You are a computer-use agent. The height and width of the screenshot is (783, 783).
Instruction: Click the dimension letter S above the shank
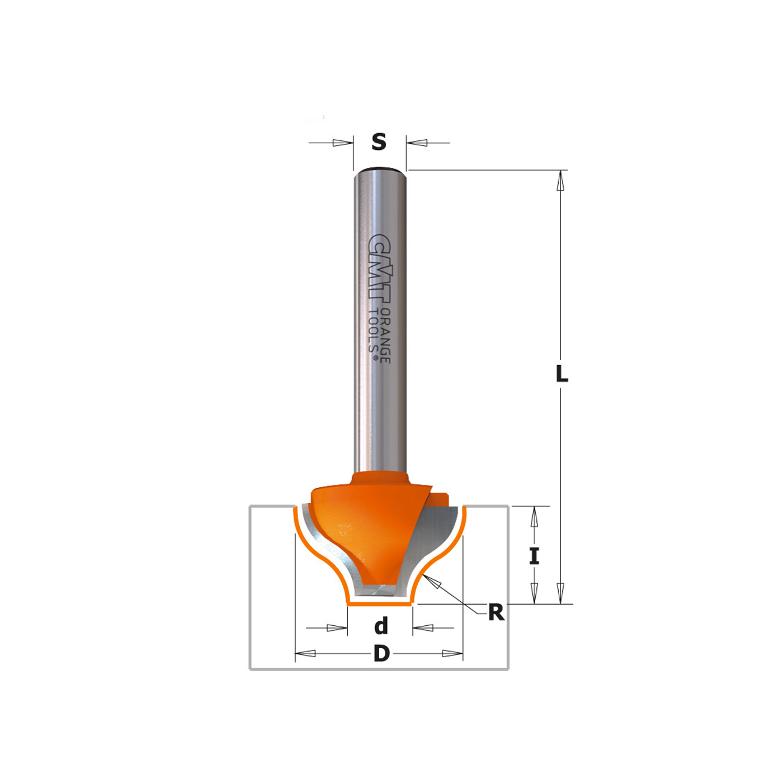[379, 142]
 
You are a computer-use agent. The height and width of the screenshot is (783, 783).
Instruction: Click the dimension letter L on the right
[562, 374]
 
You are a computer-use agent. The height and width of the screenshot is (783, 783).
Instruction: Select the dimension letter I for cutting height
[534, 556]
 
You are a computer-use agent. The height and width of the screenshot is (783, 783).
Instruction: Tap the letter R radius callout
[496, 612]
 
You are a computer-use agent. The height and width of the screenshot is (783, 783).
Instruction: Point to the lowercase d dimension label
[381, 626]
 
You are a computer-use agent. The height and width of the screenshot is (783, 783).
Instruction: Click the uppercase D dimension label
[381, 653]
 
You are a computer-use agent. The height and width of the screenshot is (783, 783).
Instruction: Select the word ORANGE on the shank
[385, 336]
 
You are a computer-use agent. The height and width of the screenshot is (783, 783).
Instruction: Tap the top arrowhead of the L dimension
[560, 181]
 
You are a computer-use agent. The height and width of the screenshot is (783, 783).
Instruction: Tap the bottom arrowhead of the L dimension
[560, 593]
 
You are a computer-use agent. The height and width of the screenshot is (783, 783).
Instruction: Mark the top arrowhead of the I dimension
[534, 517]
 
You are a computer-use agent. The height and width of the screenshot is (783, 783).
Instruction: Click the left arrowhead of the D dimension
[305, 653]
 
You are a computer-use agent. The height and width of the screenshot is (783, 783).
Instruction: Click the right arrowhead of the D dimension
[452, 653]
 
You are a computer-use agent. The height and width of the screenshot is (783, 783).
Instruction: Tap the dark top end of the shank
[380, 169]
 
